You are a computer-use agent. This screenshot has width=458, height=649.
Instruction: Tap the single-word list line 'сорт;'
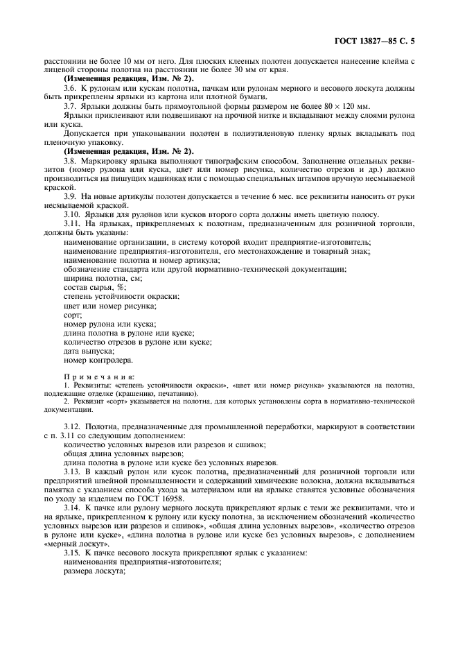click(72, 314)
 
